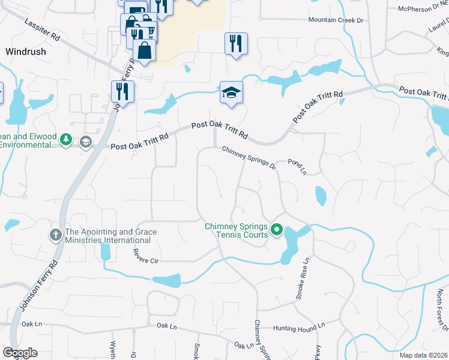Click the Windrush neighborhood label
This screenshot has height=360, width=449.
point(25,52)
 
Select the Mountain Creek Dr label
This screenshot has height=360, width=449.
point(336,20)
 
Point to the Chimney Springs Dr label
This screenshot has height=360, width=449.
point(248,157)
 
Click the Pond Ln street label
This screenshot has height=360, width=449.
point(297,166)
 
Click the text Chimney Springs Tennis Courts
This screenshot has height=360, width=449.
point(236,230)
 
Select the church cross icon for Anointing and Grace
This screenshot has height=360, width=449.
point(56,235)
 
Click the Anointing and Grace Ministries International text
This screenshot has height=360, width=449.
point(110,236)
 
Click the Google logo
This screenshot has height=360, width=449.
point(20,353)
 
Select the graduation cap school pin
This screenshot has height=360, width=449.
point(231,92)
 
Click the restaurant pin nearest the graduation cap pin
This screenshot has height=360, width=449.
point(235,43)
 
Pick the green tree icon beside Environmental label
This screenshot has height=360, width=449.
point(66,140)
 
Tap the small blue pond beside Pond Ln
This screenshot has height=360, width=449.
point(321,196)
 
